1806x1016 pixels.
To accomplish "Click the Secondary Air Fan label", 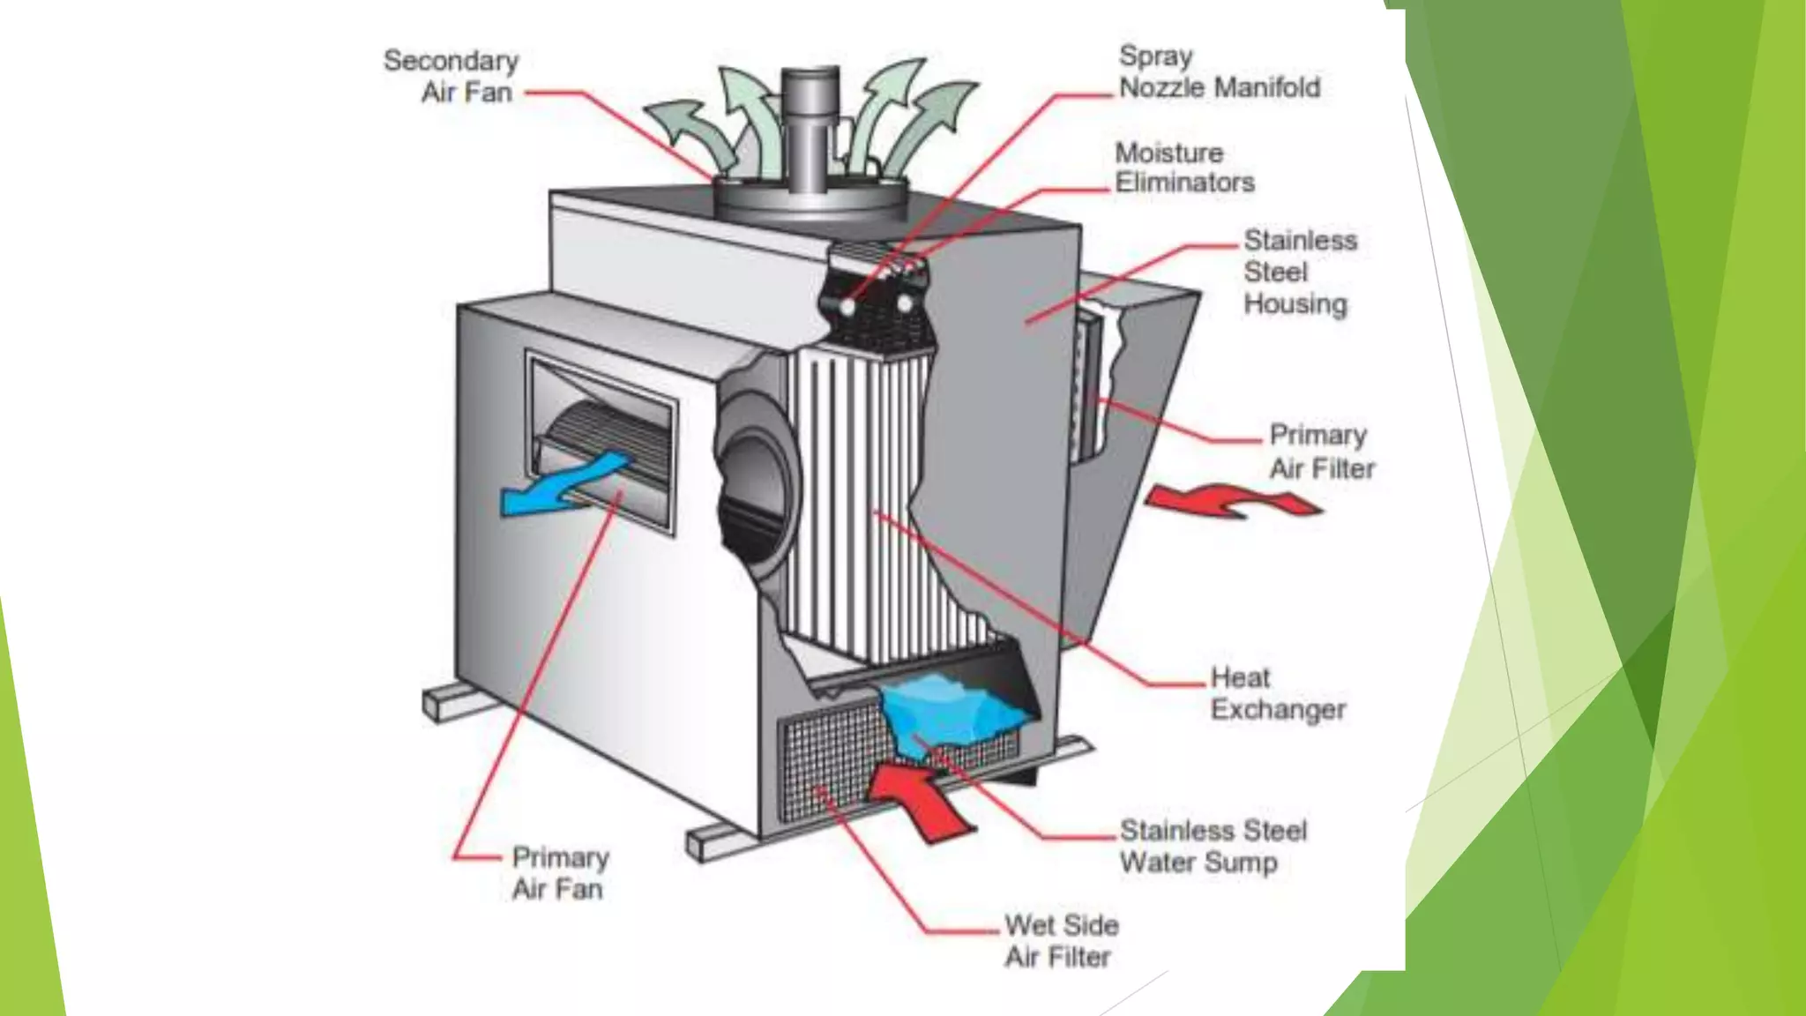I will click(451, 76).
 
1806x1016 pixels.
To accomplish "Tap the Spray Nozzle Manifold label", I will click(1219, 72).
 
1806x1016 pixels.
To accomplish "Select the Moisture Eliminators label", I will click(1183, 168).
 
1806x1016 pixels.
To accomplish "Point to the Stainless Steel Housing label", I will click(1298, 272).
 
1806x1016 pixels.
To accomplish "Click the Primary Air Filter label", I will click(1320, 452).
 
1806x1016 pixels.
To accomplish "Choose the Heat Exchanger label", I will click(1277, 693).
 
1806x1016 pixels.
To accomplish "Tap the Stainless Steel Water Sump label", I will click(1212, 846).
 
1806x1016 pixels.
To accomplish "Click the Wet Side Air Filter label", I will click(1061, 940).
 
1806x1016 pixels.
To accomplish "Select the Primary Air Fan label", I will click(560, 873).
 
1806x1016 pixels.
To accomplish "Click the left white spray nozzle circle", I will click(847, 307).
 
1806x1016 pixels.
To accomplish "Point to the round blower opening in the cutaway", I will click(754, 494).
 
